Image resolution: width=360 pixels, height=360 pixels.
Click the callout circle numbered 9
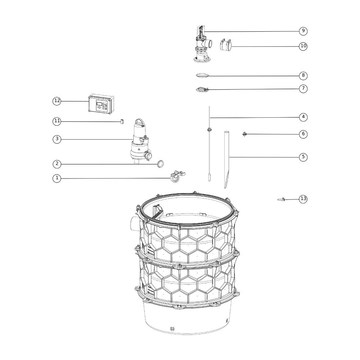pos(303,31)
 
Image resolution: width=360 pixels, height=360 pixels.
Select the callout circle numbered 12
pos(57,101)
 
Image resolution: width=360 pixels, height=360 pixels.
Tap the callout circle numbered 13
pos(303,199)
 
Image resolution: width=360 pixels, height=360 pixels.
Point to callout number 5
pos(303,157)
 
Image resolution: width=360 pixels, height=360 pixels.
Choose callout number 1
pos(57,178)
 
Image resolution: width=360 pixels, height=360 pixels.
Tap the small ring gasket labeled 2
pos(160,164)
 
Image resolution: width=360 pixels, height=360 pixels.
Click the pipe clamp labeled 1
pos(177,177)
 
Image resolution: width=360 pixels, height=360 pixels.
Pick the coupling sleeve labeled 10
pos(225,45)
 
